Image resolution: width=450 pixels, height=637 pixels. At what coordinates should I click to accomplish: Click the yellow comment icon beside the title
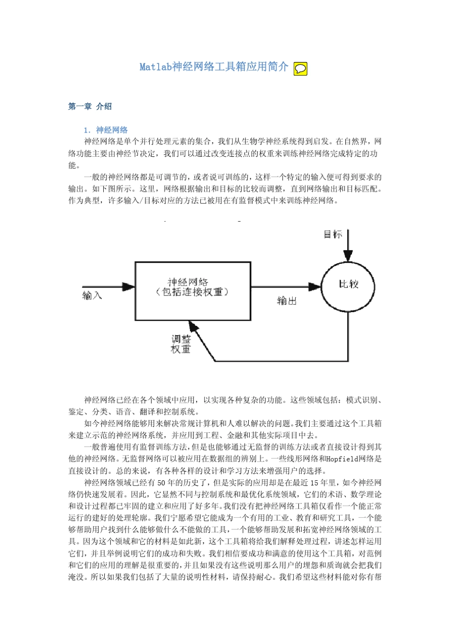coord(300,69)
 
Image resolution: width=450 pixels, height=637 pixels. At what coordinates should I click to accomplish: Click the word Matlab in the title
coord(155,67)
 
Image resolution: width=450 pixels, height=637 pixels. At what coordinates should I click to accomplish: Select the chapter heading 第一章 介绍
coord(90,107)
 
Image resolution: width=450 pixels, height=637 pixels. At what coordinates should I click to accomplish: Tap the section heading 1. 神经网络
coord(106,130)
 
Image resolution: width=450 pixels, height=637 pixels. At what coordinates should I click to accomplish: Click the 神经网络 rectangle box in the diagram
coord(193,291)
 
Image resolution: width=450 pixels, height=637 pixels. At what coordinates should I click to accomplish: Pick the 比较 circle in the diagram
coord(348,286)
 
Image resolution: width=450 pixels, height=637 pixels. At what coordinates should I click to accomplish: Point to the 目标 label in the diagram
coord(333,234)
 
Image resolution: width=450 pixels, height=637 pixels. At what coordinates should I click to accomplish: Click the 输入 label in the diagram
coord(92,296)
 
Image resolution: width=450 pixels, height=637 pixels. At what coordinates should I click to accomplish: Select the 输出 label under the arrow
coord(287,301)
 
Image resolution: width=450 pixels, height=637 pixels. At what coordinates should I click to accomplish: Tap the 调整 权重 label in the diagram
coord(181,344)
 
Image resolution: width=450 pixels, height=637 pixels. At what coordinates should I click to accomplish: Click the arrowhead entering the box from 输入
coord(129,287)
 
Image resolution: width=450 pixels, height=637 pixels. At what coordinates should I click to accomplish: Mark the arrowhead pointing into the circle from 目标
coord(348,256)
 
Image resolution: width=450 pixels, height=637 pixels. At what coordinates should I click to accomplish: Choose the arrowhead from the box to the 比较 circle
coord(315,287)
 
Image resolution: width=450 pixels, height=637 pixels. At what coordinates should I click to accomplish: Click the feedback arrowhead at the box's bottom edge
coord(193,325)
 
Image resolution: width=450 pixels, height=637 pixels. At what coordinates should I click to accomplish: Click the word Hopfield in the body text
coord(342,459)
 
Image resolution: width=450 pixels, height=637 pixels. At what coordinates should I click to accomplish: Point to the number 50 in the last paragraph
coord(161,483)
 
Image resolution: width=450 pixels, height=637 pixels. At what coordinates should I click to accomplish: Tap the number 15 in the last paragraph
coord(315,483)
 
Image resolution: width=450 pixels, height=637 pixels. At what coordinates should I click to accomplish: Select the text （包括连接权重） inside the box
coord(192,292)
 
